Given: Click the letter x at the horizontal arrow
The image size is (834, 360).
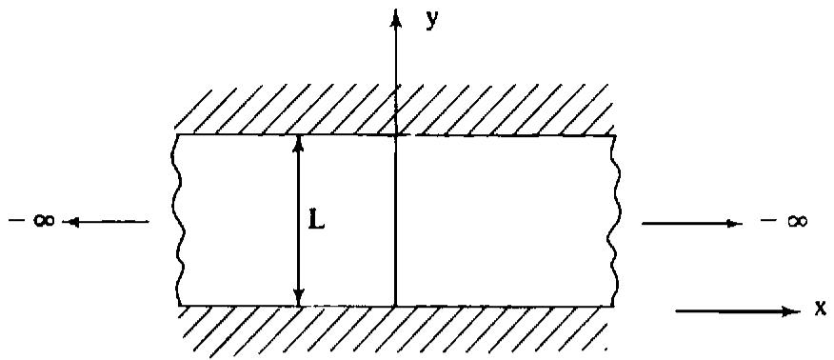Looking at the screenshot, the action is click(820, 309).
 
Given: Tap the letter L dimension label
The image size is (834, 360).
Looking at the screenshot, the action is click(316, 222).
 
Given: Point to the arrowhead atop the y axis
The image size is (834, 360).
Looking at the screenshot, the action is click(395, 19).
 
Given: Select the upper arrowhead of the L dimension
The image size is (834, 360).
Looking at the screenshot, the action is click(299, 144).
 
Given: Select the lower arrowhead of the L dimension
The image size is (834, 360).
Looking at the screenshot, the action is click(300, 298).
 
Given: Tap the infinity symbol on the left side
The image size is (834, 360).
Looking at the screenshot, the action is click(44, 220).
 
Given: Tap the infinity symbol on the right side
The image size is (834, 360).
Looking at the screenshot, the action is click(796, 221).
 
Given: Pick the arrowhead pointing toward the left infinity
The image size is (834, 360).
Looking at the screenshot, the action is click(70, 222).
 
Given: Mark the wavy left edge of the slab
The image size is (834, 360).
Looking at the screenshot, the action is click(179, 221).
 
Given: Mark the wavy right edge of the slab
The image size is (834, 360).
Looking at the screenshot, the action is click(613, 221).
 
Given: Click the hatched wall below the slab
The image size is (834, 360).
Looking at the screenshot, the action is click(393, 330).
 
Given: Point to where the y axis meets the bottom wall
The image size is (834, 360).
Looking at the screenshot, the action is click(396, 307).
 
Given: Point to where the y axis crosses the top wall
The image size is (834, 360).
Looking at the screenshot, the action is click(396, 135).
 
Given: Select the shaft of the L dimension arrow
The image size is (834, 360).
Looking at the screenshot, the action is click(300, 221).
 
